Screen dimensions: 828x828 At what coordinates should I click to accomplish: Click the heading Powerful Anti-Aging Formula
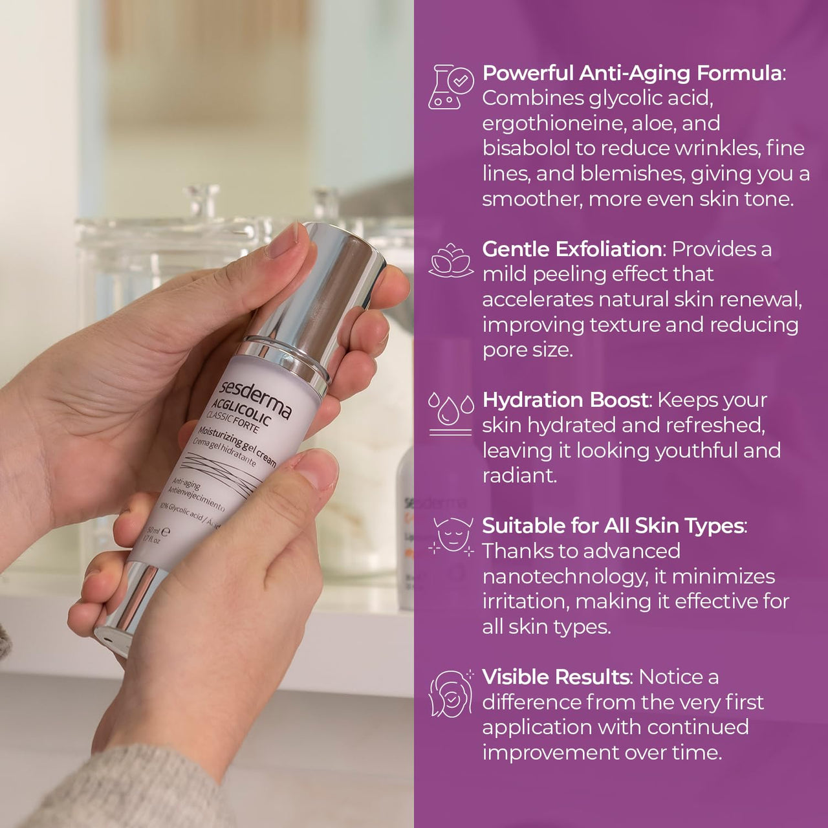click(631, 73)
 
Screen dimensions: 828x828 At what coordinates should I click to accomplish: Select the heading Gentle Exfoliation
click(571, 249)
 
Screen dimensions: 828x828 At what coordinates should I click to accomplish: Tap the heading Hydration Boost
click(565, 400)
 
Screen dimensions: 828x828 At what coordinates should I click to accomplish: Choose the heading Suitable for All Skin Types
click(613, 525)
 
